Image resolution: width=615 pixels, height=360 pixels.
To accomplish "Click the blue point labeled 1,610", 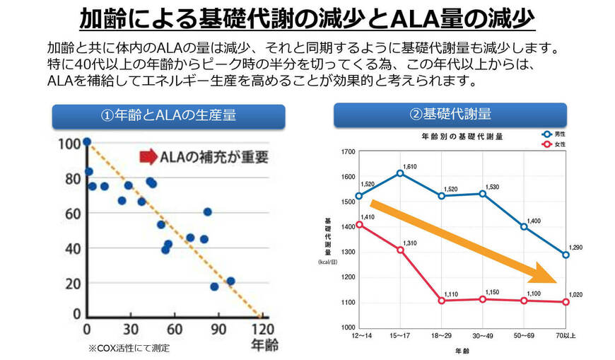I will pyautogui.click(x=400, y=173).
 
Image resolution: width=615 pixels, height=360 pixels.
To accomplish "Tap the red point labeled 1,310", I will pyautogui.click(x=400, y=250).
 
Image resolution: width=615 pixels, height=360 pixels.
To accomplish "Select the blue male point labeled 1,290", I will pyautogui.click(x=565, y=255).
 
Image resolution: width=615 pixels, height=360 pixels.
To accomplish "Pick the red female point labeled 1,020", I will pyautogui.click(x=565, y=302).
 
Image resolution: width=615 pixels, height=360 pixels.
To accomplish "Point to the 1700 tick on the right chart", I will pyautogui.click(x=347, y=152).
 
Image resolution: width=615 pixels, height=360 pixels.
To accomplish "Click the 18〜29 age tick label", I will pyautogui.click(x=441, y=334).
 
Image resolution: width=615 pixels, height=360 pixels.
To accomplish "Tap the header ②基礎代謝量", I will pyautogui.click(x=450, y=115).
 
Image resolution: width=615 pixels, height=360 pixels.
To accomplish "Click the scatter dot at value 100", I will pyautogui.click(x=87, y=141).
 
